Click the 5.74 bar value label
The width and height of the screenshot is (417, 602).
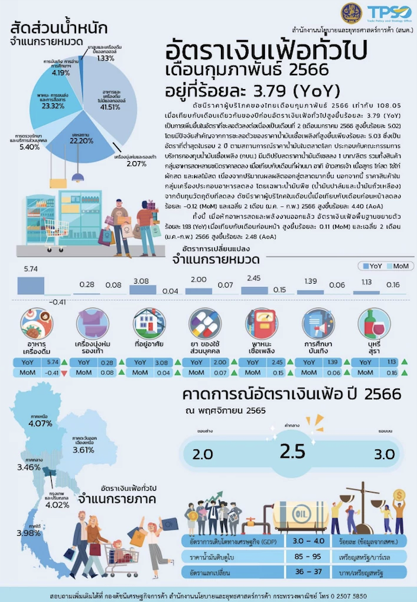[x=30, y=251]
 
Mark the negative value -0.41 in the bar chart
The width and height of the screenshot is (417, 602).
[x=58, y=301]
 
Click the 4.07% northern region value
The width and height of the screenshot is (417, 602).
[x=40, y=423]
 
